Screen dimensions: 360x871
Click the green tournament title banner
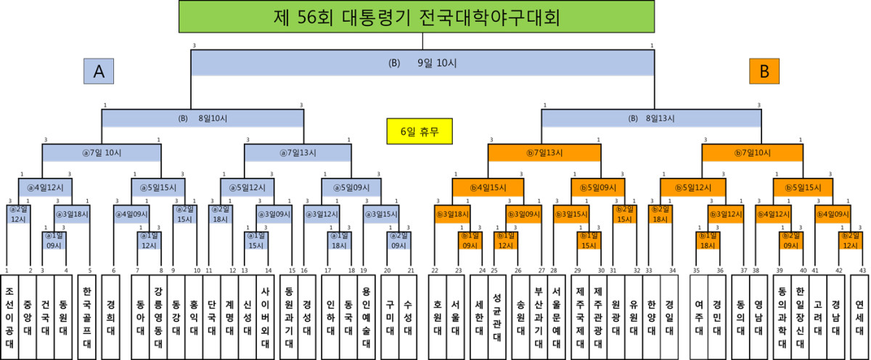[416, 17]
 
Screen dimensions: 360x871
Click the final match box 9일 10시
[422, 63]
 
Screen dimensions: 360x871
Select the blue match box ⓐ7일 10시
[100, 152]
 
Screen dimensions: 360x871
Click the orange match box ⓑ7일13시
[544, 152]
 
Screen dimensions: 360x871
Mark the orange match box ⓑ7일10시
[758, 152]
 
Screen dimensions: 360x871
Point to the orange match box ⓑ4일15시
[487, 187]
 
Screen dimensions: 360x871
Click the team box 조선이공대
[9, 316]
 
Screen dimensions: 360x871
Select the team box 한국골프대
[89, 316]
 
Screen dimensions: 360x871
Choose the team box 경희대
[113, 316]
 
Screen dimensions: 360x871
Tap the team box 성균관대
[496, 316]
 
